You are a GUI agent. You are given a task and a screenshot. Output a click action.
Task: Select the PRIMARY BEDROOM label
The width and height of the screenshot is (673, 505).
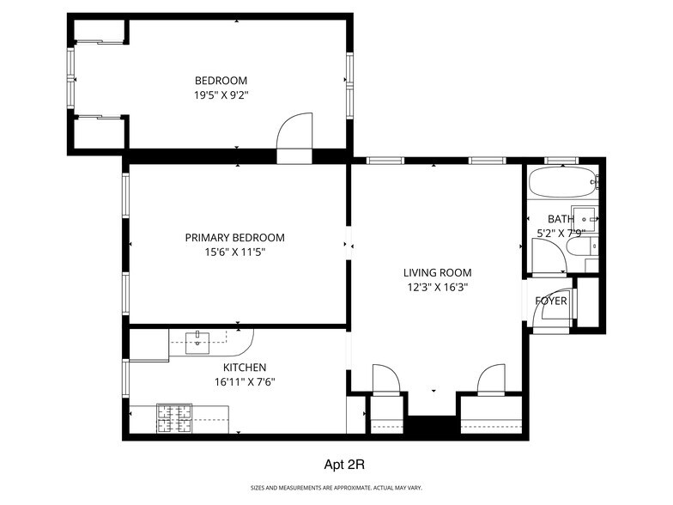tap(234, 238)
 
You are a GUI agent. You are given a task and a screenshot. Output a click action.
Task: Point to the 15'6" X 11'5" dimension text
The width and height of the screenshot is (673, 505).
tap(234, 252)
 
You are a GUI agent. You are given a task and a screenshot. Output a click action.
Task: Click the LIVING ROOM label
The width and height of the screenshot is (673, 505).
tap(438, 273)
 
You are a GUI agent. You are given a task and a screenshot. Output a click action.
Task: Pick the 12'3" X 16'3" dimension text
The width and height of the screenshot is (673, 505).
tap(438, 288)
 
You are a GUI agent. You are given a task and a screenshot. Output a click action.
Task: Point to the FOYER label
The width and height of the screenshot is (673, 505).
tap(551, 301)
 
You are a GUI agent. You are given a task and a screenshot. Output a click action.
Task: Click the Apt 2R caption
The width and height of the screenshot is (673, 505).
tap(344, 465)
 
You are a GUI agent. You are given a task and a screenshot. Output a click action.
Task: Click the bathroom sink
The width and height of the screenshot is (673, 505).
tap(585, 216)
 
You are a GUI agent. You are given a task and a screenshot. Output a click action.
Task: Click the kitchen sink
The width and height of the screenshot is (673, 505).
tap(197, 339)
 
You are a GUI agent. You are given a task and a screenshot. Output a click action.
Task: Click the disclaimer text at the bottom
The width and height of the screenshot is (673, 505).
tap(336, 489)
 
